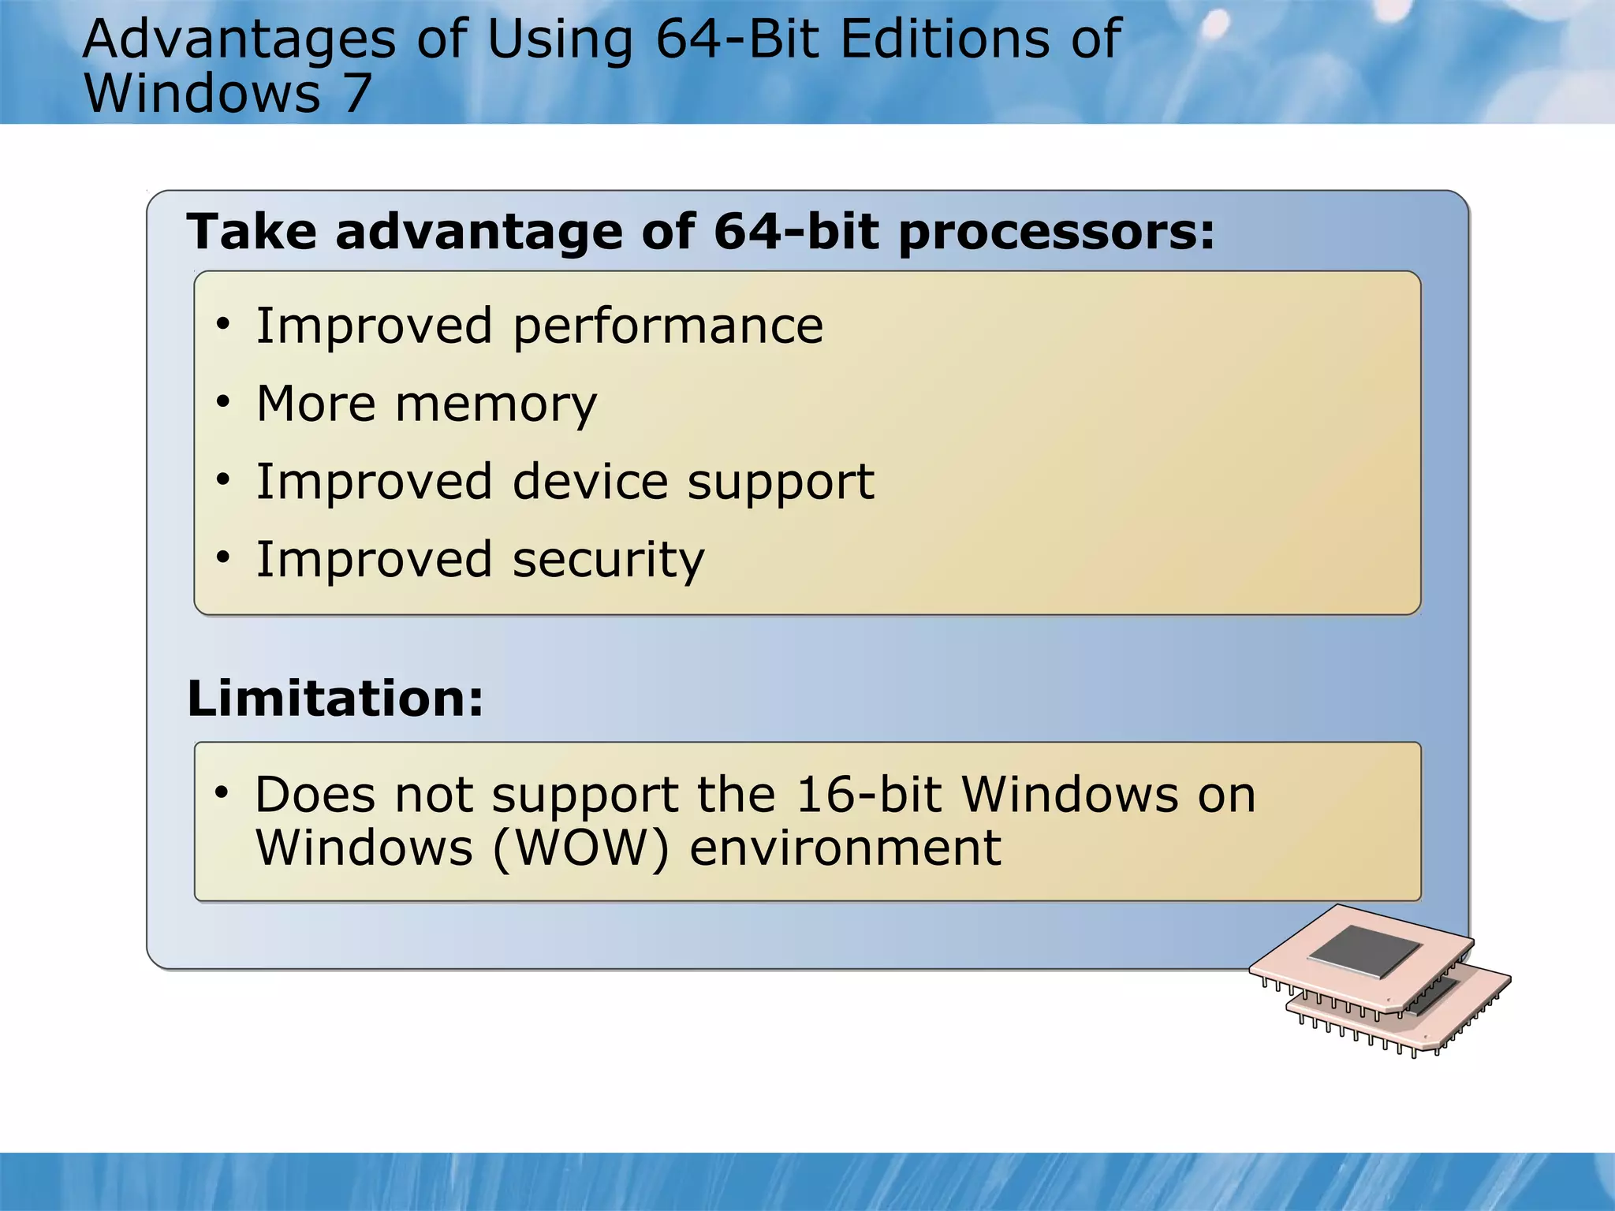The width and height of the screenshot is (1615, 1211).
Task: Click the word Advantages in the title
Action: coord(239,39)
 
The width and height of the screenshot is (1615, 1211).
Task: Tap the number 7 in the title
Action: coord(356,94)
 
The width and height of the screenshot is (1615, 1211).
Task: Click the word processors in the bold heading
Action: coord(1056,233)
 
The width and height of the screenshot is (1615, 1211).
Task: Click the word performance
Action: coord(668,327)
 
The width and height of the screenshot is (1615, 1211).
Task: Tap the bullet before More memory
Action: coord(223,402)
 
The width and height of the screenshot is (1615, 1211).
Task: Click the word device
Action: coord(591,482)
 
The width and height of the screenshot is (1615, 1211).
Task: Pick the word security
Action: coord(608,561)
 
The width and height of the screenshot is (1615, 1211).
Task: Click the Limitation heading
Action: coord(335,699)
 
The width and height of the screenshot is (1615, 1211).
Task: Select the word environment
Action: coord(845,848)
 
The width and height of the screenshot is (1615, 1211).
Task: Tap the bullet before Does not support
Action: coord(222,792)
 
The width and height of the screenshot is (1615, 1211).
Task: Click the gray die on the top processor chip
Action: coord(1364,952)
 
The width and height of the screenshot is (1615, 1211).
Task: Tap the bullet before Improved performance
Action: coord(223,324)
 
